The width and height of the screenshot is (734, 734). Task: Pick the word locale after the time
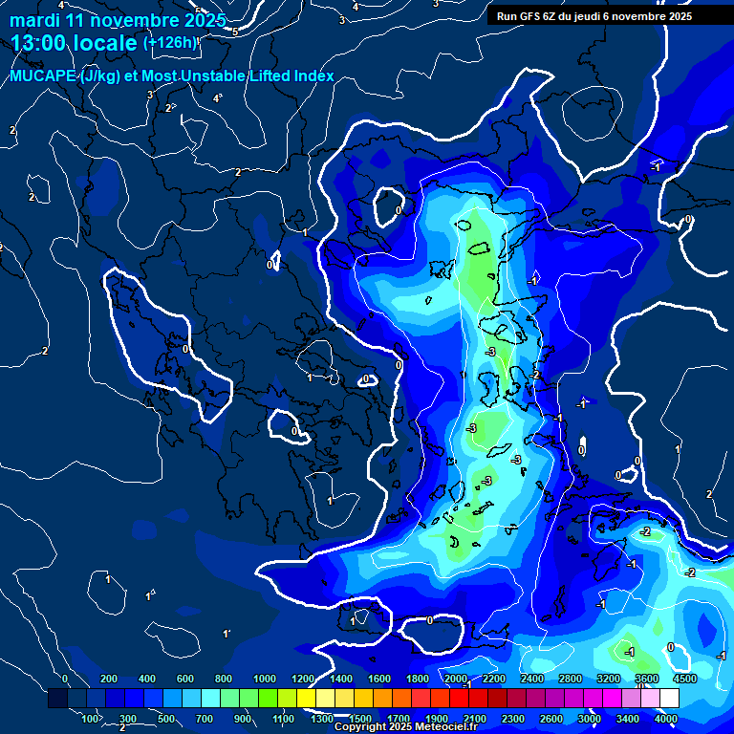coord(104,44)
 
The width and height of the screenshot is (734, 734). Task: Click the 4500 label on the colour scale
coord(684,679)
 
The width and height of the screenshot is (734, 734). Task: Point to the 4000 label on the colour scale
coord(666,719)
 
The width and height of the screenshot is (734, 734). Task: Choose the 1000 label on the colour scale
coord(265,679)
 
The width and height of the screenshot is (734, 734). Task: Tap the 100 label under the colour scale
coord(92,719)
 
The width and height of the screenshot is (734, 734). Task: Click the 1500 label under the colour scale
coord(360,719)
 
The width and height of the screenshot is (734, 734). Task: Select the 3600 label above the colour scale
coord(647,679)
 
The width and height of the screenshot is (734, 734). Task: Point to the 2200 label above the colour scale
coord(494,679)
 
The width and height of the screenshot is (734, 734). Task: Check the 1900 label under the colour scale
coord(437,719)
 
